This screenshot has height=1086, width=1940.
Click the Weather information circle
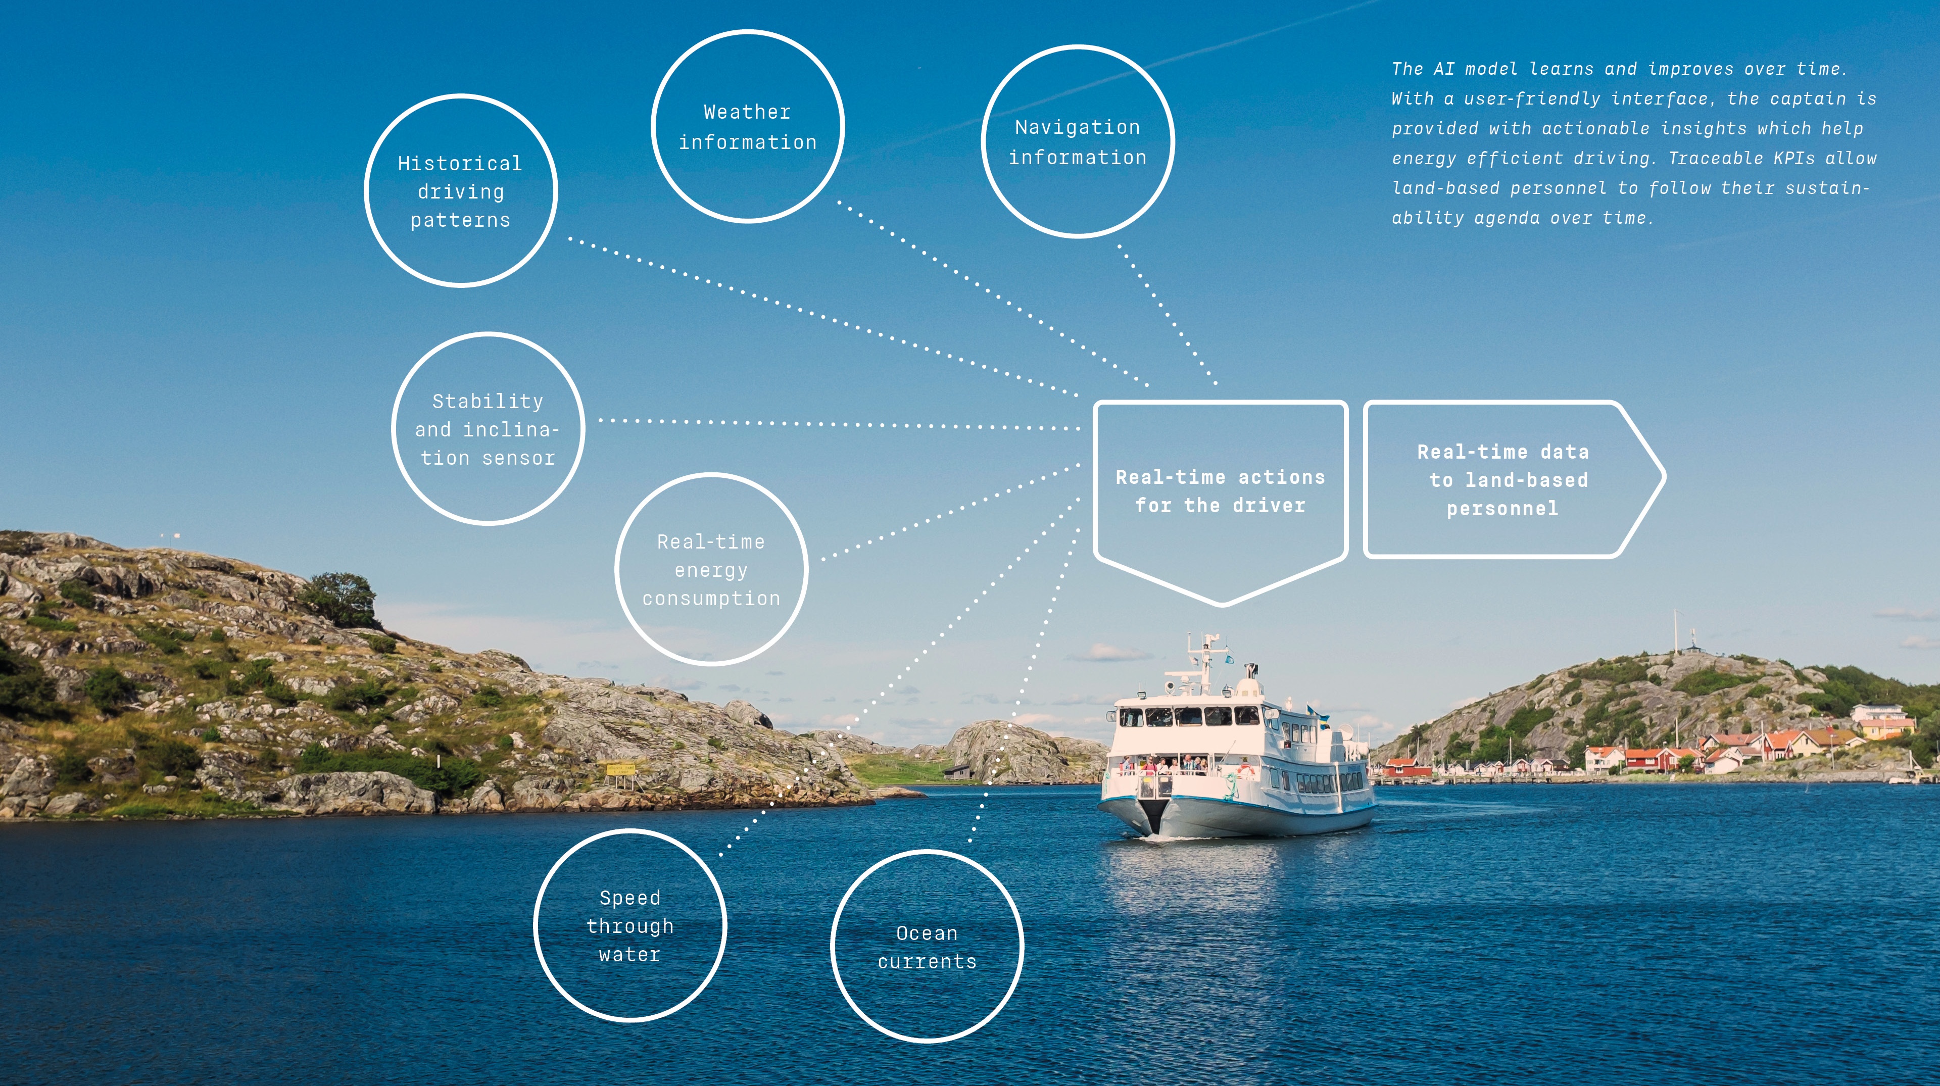pos(747,126)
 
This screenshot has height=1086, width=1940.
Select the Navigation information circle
pos(1077,141)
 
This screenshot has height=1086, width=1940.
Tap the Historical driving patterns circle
pos(460,191)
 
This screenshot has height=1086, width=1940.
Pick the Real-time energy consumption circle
pos(711,569)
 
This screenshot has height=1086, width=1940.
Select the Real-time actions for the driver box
pos(1220,491)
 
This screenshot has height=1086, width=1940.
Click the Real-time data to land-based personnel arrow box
pos(1502,480)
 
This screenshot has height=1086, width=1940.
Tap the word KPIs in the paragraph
pos(1792,158)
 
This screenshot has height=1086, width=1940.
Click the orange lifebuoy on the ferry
pos(1245,770)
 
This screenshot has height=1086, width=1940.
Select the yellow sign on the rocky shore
pos(620,769)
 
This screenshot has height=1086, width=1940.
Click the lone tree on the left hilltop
pos(341,598)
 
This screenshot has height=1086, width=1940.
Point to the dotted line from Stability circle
pos(829,424)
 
